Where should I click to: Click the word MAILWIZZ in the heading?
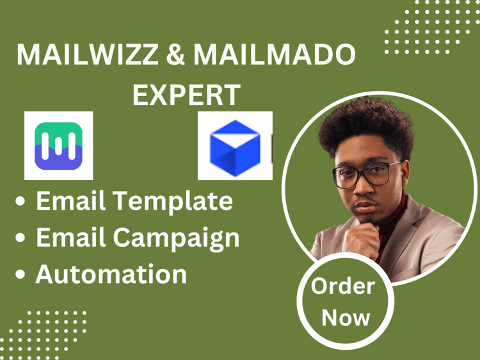coord(88,54)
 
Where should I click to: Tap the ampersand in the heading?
coord(175,54)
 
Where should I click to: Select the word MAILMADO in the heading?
coord(275,54)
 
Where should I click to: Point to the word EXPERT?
coord(186,95)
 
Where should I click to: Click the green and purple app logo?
coord(58,146)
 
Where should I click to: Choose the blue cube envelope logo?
coord(235,148)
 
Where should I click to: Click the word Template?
coord(173,202)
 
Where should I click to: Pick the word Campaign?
coord(177,238)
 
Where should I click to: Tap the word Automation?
coord(111,274)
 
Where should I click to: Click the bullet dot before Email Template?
coord(20,201)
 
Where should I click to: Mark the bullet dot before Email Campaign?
coord(20,238)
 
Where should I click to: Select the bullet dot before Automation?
coord(20,274)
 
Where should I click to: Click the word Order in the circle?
coord(343,286)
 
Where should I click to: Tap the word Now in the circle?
coord(346,318)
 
